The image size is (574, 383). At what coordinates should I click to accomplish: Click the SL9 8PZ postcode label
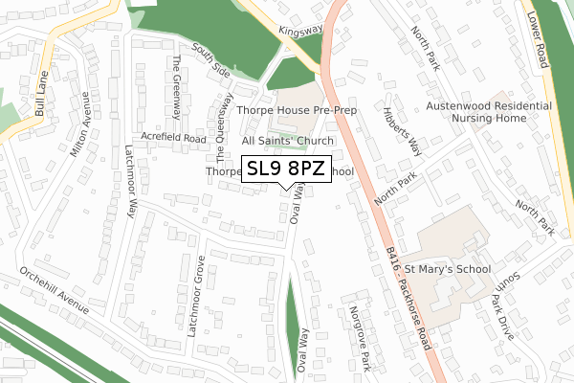tap(286, 169)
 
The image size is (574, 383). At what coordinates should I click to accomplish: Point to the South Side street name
tap(210, 59)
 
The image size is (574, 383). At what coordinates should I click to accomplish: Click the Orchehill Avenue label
tap(56, 291)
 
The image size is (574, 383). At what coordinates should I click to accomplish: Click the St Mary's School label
tap(448, 269)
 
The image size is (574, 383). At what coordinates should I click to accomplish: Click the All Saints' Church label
tap(287, 141)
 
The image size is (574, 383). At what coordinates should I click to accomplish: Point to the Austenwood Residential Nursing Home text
tap(489, 111)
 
